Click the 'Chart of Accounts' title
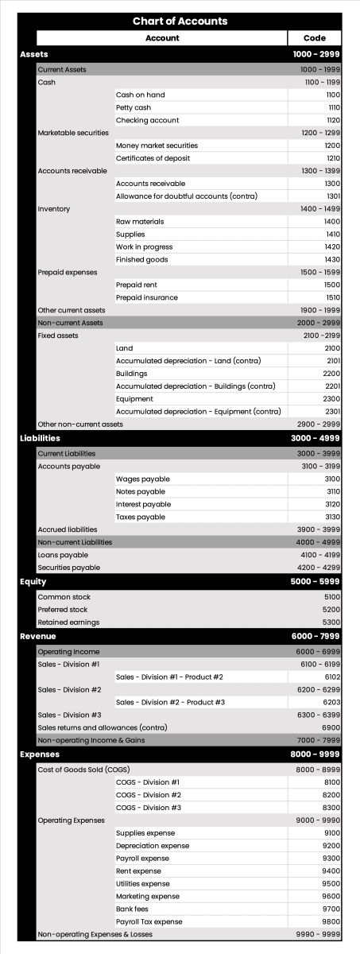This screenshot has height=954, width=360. [180, 21]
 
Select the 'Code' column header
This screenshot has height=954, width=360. [314, 38]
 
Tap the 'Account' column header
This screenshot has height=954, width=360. [162, 38]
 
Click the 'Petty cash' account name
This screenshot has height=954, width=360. [134, 107]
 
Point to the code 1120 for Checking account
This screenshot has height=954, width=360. [333, 120]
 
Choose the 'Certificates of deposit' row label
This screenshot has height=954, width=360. [153, 158]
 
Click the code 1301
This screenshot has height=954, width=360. [333, 196]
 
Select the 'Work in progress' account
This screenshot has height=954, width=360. [144, 247]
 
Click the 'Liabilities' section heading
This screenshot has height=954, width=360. [40, 438]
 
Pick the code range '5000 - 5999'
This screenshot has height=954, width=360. [315, 581]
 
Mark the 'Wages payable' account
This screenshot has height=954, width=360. [143, 479]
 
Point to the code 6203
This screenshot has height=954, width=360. [332, 702]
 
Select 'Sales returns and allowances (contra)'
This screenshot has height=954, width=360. [103, 727]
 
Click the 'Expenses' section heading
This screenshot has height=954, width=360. [39, 754]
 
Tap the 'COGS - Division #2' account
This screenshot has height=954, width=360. [149, 795]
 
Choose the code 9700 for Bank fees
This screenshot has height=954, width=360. [332, 909]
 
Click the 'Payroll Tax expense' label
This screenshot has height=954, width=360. [149, 921]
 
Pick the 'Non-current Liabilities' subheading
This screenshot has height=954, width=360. [75, 542]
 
